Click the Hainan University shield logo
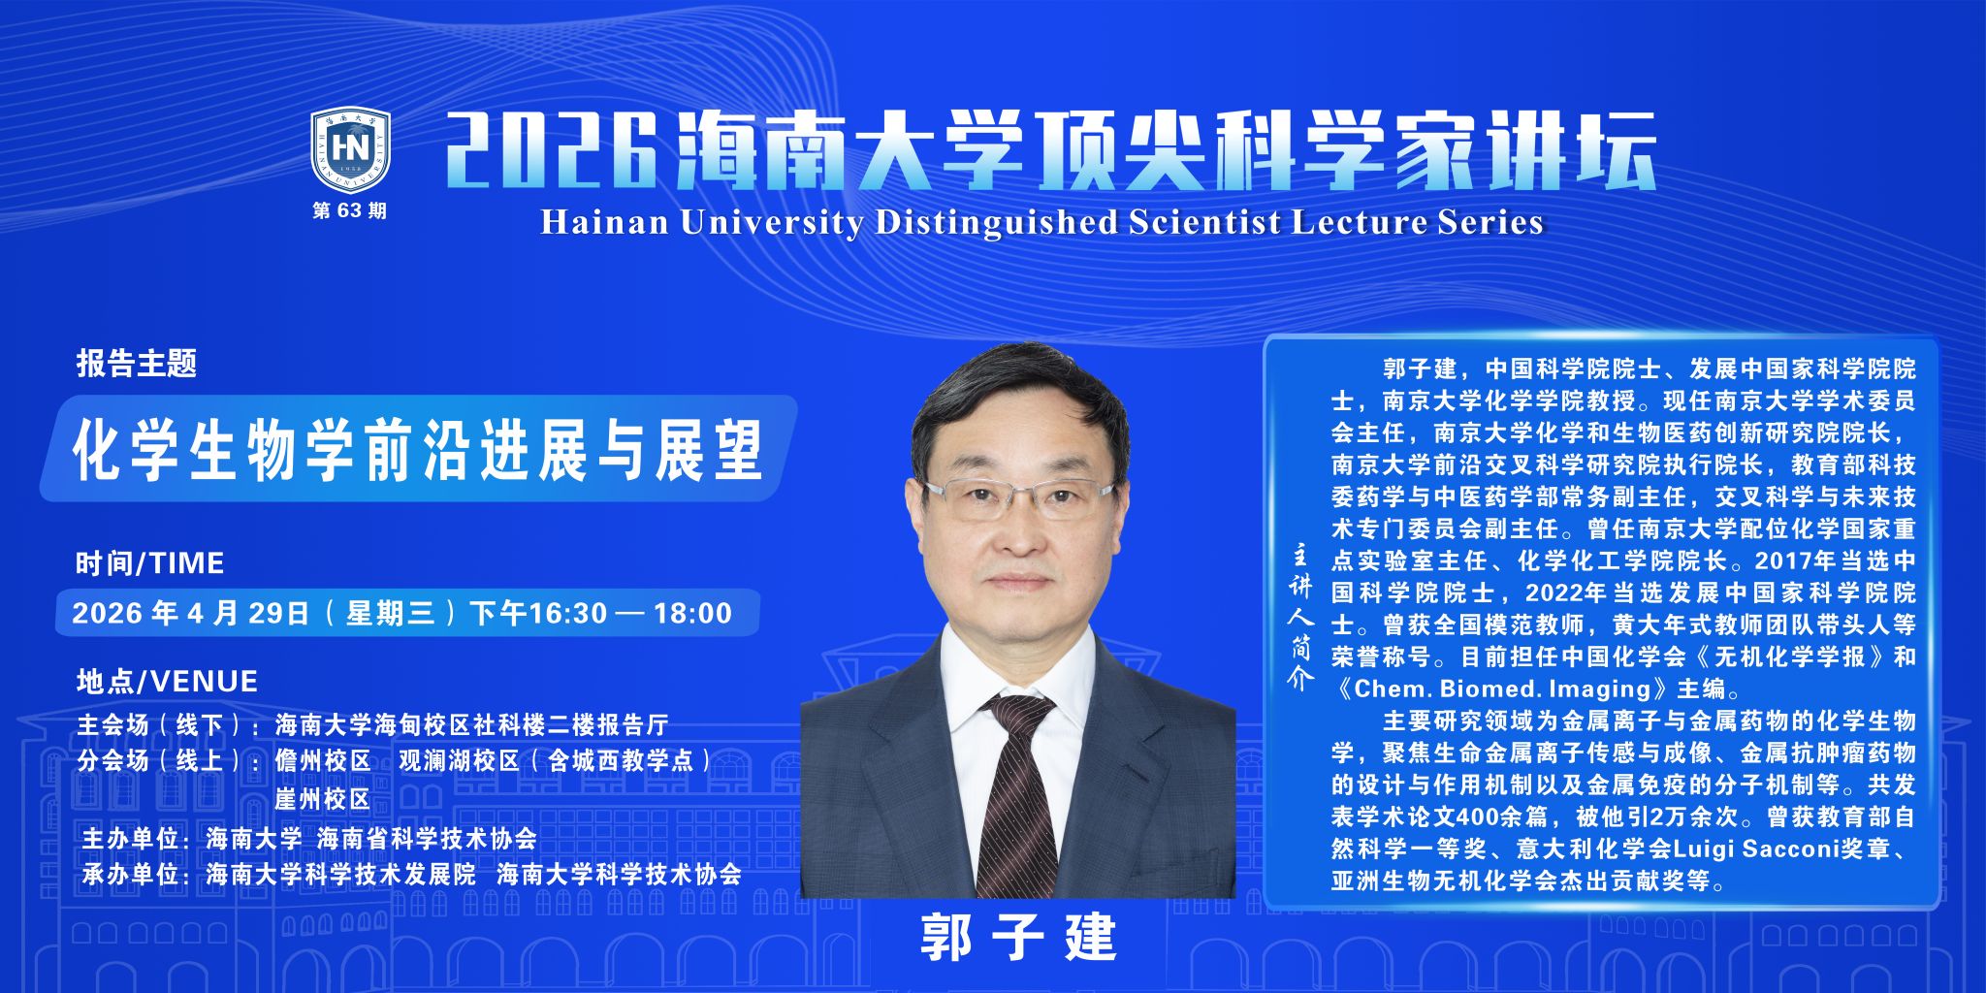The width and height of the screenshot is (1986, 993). (350, 149)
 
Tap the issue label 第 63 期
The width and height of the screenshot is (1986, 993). (349, 210)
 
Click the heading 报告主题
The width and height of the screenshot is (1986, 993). (137, 364)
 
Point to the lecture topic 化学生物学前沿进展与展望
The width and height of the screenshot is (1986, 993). (419, 450)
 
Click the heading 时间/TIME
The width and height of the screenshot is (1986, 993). (150, 562)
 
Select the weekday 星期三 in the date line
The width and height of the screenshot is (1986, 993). (391, 613)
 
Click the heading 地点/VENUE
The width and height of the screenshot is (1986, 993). (167, 681)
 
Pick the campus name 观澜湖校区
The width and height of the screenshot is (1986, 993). (460, 760)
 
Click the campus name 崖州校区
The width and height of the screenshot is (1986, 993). (323, 799)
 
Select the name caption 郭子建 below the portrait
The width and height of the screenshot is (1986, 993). (1018, 938)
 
